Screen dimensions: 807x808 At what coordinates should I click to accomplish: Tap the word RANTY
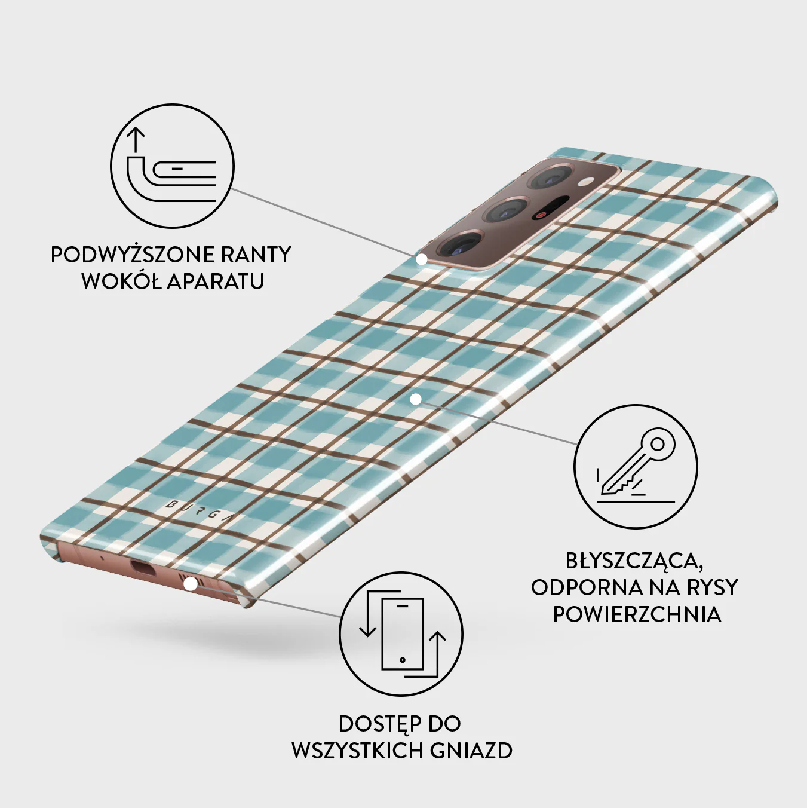[x=261, y=255]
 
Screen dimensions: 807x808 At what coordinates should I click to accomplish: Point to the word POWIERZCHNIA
[x=637, y=614]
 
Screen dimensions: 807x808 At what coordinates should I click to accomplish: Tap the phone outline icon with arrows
[x=401, y=634]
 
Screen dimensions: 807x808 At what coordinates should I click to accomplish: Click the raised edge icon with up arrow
[x=172, y=166]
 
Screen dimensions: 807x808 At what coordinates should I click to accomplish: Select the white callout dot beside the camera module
[x=421, y=259]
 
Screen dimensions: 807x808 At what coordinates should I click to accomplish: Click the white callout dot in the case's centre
[x=416, y=400]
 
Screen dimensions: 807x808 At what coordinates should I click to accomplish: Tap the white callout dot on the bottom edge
[x=191, y=584]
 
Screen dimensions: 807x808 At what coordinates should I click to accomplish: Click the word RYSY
[x=708, y=588]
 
